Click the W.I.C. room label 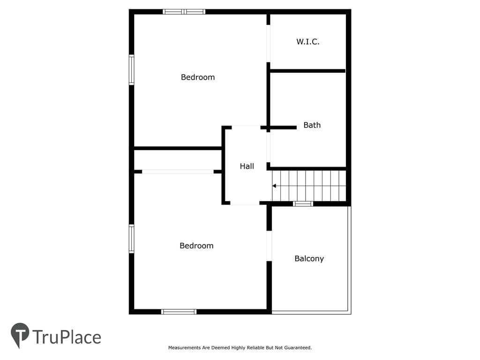(307, 42)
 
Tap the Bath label (312, 125)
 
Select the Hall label (247, 166)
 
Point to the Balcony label (309, 259)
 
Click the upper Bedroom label (198, 77)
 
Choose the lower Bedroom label (196, 246)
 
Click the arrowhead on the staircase (274, 186)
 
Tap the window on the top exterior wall (184, 12)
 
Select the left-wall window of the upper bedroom (131, 70)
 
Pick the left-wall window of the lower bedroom (131, 239)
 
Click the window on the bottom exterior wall (179, 312)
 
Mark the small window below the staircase (303, 203)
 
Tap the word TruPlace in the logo (67, 337)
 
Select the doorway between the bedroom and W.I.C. (268, 44)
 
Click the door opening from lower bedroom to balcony (269, 246)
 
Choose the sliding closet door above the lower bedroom (178, 172)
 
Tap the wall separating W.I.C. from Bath (307, 71)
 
